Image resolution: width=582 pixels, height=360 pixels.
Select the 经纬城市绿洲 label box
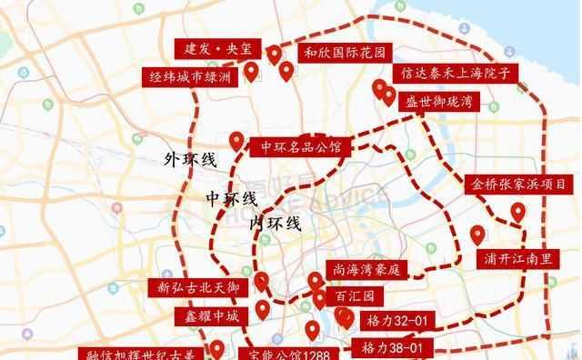(x=191, y=78)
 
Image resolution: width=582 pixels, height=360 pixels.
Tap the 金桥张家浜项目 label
(x=519, y=184)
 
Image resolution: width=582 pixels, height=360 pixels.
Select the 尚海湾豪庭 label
(x=364, y=270)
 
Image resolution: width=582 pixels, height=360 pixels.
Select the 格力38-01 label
(x=394, y=348)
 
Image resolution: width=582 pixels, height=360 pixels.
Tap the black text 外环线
(x=190, y=161)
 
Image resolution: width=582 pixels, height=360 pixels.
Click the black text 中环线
(x=231, y=198)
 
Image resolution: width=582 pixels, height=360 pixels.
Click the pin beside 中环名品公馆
(x=236, y=141)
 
